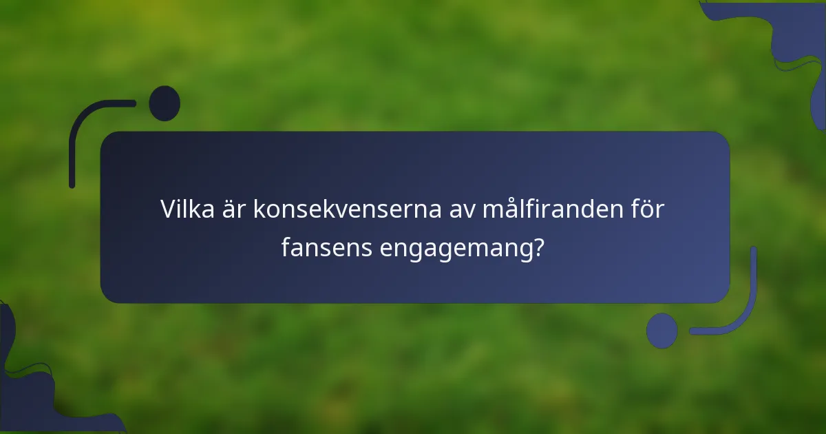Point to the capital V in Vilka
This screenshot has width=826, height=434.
169,209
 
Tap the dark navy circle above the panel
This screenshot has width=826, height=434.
165,103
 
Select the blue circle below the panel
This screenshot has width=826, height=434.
661,331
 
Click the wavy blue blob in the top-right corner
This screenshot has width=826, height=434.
798,41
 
